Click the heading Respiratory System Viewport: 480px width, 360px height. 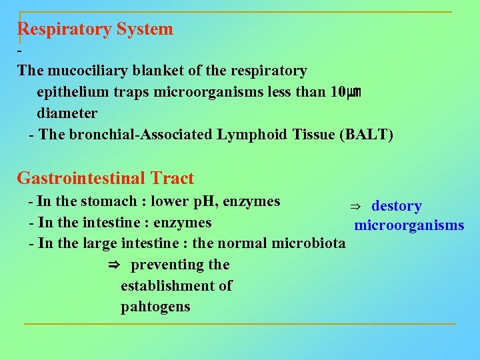click(95, 29)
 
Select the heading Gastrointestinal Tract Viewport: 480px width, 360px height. click(105, 179)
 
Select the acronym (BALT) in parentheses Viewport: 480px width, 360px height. click(366, 135)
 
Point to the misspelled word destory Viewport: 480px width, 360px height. click(396, 207)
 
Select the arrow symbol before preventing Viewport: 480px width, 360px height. click(113, 265)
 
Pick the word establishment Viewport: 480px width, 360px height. click(176, 286)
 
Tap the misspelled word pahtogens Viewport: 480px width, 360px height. click(155, 307)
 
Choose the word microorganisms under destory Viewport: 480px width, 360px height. click(409, 225)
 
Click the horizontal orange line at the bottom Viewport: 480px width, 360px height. click(240, 325)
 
